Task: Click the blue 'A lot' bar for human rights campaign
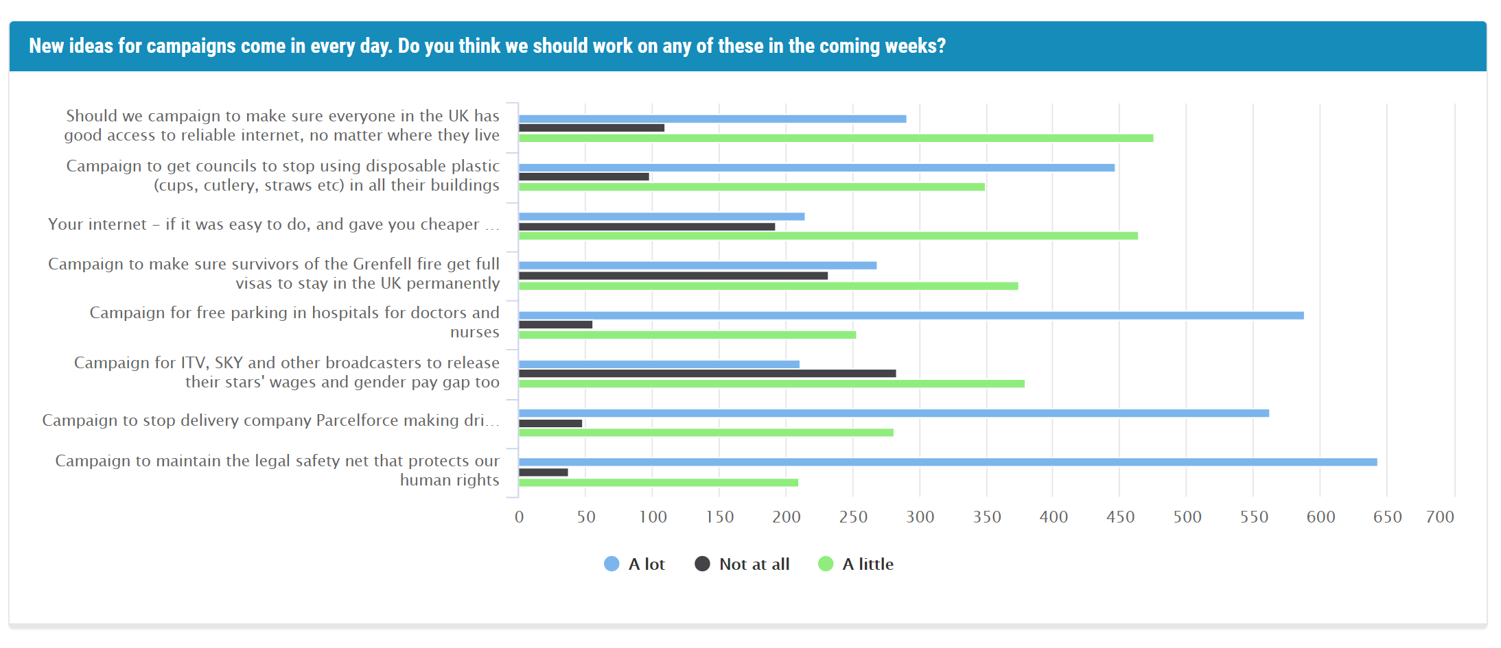947,462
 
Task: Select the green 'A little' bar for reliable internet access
835,138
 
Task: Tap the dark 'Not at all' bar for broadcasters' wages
707,374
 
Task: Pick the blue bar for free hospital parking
911,315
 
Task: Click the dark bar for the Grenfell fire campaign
673,276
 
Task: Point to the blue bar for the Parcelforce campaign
894,413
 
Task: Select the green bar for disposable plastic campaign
752,187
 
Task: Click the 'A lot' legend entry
635,564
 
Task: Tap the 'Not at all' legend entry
743,564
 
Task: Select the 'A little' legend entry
857,564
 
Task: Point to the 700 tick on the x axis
1439,517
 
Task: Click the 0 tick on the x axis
519,517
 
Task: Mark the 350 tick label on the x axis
986,517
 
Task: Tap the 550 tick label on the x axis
1253,517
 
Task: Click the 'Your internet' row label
273,225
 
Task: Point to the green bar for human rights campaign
658,483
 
